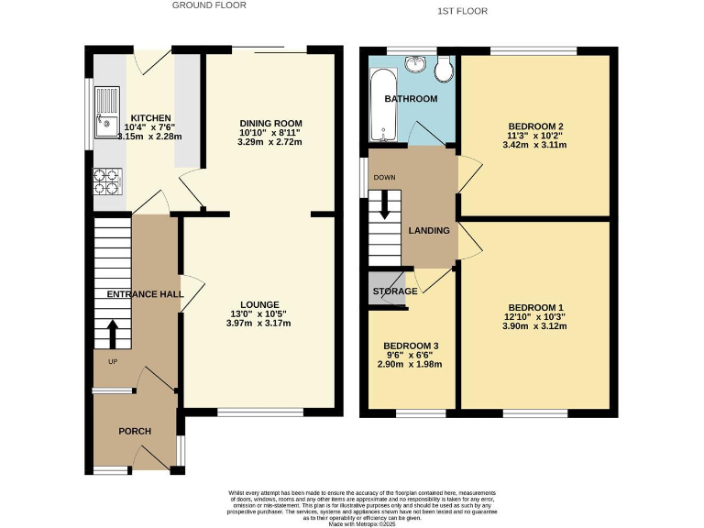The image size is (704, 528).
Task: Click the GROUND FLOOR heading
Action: pos(209,5)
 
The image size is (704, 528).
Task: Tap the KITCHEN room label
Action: pos(150,118)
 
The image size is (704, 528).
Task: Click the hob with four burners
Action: pos(107,181)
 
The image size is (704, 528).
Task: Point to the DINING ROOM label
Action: pos(270,123)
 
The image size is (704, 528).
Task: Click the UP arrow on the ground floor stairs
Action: pos(113,335)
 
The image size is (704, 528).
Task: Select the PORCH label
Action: pos(135,431)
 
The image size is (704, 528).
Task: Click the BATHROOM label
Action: pos(411,99)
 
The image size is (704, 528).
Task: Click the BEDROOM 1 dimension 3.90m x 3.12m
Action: pos(535,326)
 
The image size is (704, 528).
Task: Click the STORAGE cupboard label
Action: pos(395,291)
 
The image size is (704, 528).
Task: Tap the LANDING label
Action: pos(429,230)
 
